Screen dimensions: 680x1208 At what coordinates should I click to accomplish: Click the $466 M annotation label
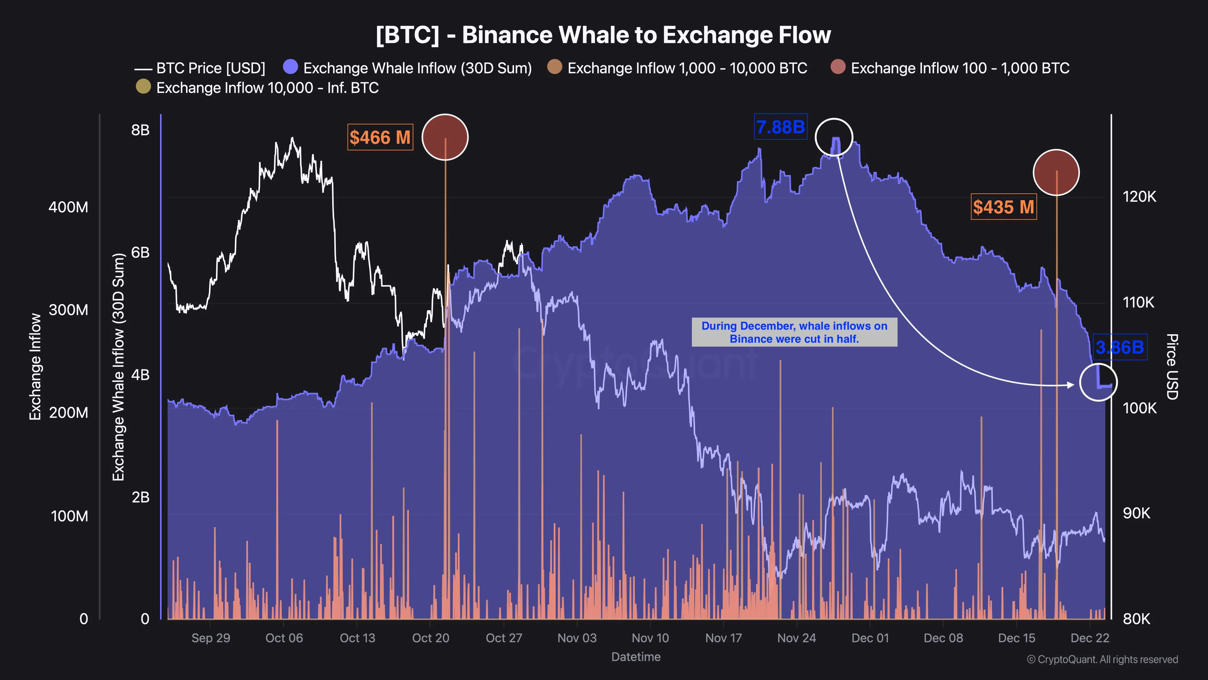coord(380,138)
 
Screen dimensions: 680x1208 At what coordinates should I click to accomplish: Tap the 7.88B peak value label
coord(780,127)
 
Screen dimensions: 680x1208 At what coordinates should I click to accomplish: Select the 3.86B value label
coord(1120,347)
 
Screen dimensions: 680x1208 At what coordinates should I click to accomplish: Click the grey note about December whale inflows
coord(794,332)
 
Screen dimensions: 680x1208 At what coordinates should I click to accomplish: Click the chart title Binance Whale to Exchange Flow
coord(603,35)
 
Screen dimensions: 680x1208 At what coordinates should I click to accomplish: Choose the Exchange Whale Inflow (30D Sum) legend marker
coord(291,67)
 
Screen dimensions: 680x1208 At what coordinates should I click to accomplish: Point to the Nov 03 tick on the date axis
coord(577,638)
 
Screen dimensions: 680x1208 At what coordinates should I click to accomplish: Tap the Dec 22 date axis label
coord(1090,638)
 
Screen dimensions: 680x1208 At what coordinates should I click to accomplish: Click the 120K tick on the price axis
coord(1139,197)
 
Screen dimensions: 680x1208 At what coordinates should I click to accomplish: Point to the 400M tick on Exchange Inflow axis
coord(69,207)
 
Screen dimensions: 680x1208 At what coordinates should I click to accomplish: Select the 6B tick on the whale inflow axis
coord(140,252)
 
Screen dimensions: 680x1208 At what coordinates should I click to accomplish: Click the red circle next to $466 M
coord(445,137)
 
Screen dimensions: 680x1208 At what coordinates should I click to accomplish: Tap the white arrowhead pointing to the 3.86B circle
coord(1070,385)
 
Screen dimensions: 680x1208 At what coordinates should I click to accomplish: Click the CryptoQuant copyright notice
coord(1102,659)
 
